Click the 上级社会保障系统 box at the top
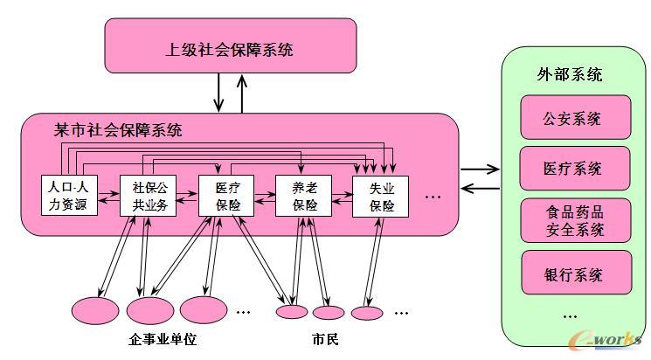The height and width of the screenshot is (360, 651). tap(230, 49)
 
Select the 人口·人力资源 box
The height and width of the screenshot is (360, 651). tap(69, 197)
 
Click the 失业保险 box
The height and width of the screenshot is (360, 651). tap(381, 197)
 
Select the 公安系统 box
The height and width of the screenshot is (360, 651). tap(574, 118)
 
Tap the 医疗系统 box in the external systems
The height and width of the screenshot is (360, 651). tap(574, 168)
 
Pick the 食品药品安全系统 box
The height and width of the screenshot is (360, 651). tap(574, 221)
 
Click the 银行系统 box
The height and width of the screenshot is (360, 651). tap(574, 273)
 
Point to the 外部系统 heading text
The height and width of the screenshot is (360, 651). tap(569, 74)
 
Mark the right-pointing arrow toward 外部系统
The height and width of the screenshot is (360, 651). tap(480, 169)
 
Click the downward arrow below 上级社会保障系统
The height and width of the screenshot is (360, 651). tap(218, 93)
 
